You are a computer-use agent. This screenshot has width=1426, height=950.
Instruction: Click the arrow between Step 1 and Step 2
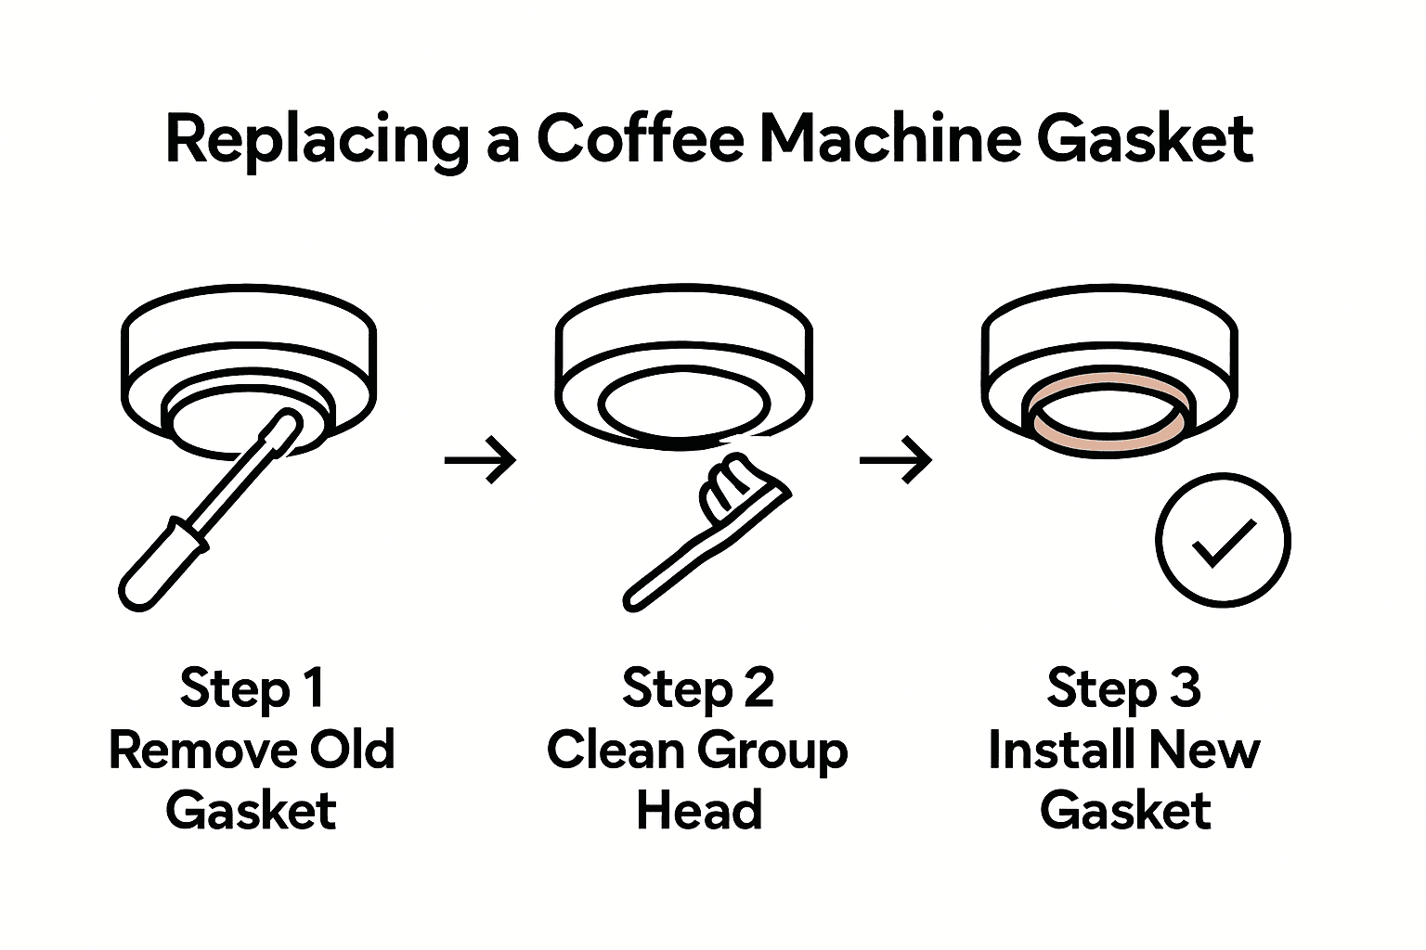pyautogui.click(x=480, y=458)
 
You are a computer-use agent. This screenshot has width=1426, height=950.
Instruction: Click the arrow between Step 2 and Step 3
pyautogui.click(x=895, y=458)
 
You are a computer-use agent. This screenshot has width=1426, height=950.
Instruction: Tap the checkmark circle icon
pyautogui.click(x=1223, y=540)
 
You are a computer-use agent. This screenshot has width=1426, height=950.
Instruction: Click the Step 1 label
pyautogui.click(x=252, y=688)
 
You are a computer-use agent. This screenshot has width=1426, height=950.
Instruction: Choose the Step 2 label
pyautogui.click(x=698, y=688)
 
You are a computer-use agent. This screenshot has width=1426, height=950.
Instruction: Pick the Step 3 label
pyautogui.click(x=1123, y=688)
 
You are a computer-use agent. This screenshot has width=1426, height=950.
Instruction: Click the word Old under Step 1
pyautogui.click(x=352, y=750)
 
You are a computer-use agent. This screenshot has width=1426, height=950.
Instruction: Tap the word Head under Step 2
pyautogui.click(x=698, y=810)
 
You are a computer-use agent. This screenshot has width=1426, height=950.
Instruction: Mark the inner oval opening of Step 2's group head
pyautogui.click(x=682, y=404)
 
